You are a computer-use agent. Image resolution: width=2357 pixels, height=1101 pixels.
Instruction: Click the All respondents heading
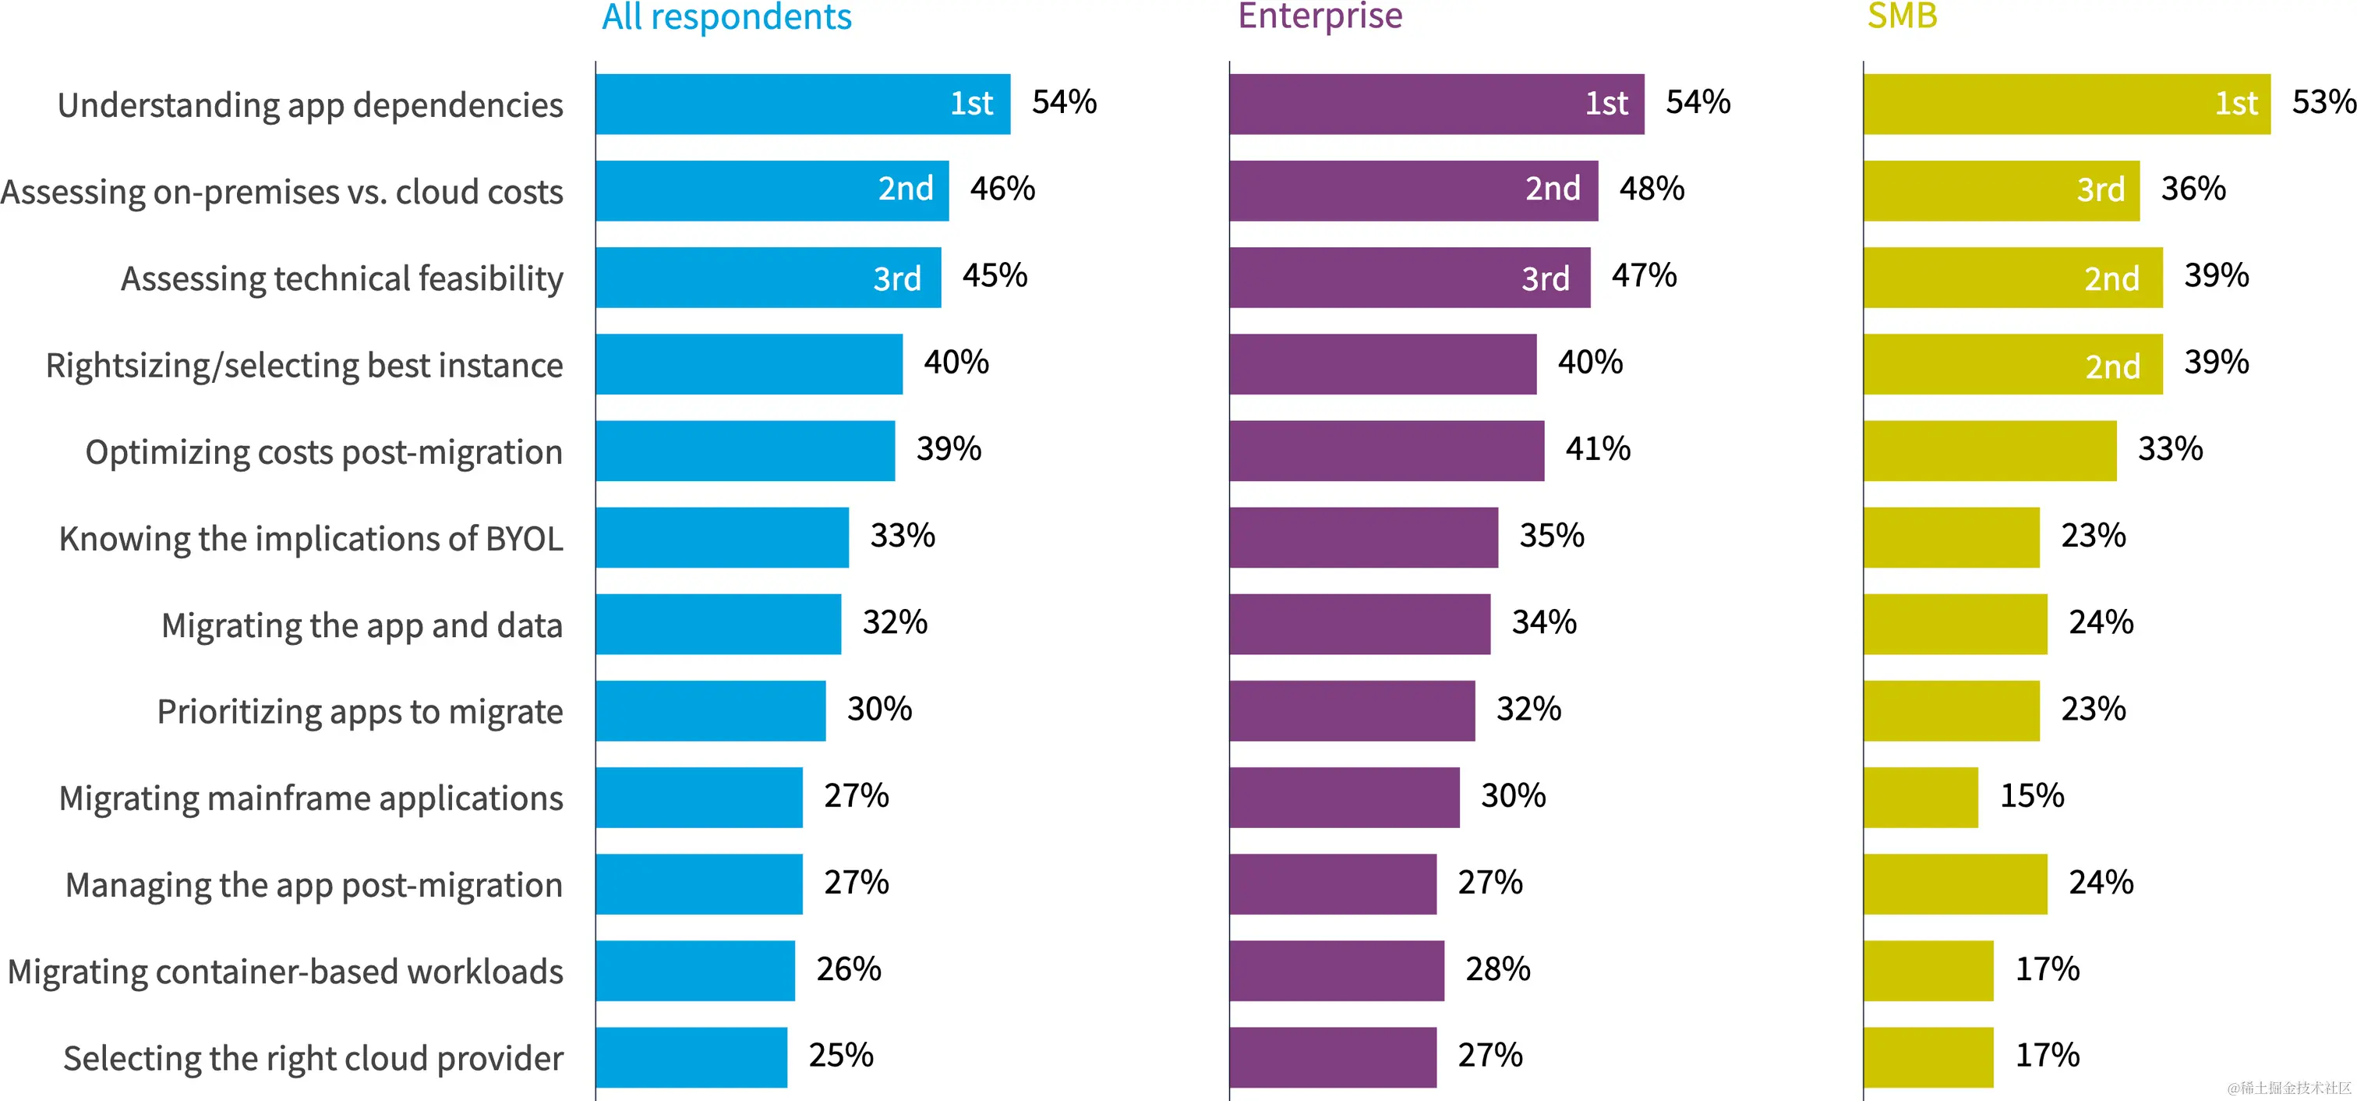pos(726,16)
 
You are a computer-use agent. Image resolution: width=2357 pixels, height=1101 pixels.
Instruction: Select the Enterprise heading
pos(1320,16)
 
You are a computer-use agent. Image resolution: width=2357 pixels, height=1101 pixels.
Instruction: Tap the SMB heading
pos(1903,16)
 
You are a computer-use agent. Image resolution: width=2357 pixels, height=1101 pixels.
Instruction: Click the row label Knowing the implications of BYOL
pos(311,538)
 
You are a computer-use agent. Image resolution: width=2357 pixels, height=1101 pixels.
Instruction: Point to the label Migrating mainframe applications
pos(311,798)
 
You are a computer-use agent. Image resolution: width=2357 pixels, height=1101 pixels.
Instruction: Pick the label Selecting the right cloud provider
pos(313,1058)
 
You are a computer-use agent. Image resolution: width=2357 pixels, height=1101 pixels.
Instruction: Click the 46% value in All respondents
pos(1002,189)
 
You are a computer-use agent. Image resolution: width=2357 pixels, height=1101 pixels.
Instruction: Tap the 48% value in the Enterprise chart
pos(1652,189)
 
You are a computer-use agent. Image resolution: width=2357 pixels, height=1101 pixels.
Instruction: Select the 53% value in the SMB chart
pos(2322,102)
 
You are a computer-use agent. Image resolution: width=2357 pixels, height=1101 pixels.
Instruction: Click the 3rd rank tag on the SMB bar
pos(2100,190)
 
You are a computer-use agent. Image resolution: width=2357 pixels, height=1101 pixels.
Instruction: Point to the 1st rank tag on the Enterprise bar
pos(1606,104)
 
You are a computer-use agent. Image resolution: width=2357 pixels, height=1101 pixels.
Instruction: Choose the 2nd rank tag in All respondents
pos(905,189)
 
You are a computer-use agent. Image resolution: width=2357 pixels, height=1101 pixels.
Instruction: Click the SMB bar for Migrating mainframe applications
pos(1921,797)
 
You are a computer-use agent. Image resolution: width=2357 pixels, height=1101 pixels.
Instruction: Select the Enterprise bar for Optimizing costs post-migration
pos(1386,450)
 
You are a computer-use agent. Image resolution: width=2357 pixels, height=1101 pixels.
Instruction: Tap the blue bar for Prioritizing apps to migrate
pos(710,710)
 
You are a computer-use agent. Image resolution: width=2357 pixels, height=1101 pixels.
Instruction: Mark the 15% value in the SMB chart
pos(2032,796)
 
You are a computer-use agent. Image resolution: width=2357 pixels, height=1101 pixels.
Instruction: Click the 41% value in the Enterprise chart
pos(1598,449)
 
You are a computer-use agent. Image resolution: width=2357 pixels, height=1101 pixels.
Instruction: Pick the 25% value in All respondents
pos(841,1055)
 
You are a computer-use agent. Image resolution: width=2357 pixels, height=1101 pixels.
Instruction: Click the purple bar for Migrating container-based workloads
pos(1337,970)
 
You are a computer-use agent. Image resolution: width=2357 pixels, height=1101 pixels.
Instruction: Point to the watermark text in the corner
pos(2290,1087)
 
